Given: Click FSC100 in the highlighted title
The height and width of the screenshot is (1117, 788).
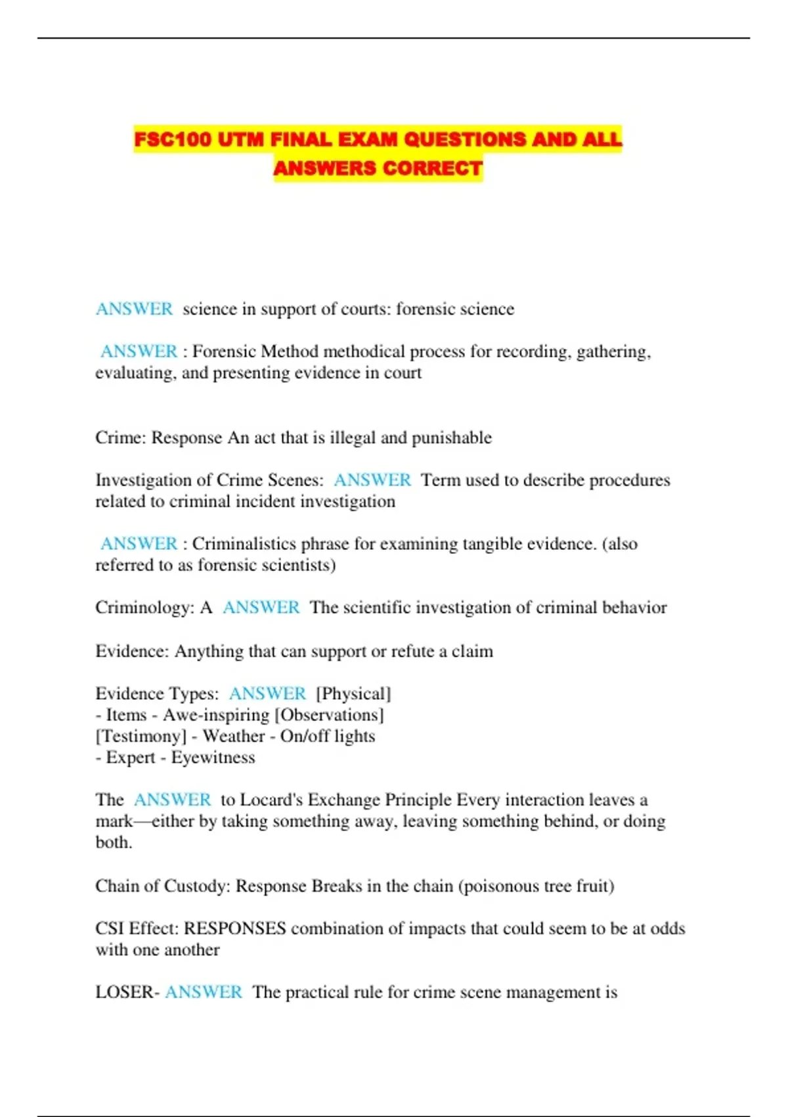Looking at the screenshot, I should pyautogui.click(x=173, y=139).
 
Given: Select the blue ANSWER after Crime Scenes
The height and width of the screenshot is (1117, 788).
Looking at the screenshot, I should pyautogui.click(x=372, y=480).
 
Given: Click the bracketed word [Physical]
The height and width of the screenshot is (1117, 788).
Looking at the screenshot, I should pyautogui.click(x=353, y=694).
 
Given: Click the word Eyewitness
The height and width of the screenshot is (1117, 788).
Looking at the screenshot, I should pyautogui.click(x=213, y=758).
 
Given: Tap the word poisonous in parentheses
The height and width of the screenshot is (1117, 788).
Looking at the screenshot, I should pyautogui.click(x=502, y=886).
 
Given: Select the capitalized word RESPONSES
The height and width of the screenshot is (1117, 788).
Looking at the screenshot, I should pyautogui.click(x=234, y=928).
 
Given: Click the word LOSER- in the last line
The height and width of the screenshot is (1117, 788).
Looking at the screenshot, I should pyautogui.click(x=127, y=992).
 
